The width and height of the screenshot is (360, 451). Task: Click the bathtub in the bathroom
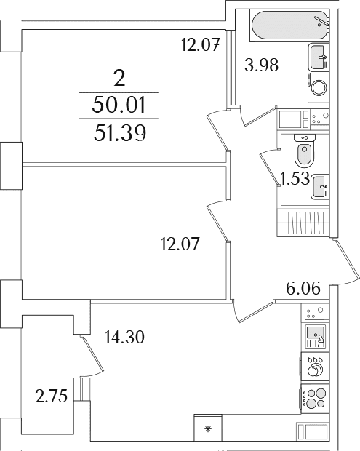click(289, 25)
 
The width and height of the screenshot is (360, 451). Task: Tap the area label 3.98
click(261, 65)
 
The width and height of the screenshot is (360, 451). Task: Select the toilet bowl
click(305, 151)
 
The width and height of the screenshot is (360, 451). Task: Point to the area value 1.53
click(295, 179)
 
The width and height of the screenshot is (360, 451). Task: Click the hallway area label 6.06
click(303, 288)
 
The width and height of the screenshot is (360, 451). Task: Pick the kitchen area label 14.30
click(124, 337)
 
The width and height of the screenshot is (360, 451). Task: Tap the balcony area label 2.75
click(51, 396)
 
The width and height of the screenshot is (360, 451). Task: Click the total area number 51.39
click(119, 133)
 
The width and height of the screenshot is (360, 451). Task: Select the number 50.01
click(119, 105)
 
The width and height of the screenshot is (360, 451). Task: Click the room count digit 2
click(119, 79)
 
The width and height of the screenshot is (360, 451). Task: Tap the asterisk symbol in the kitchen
click(207, 430)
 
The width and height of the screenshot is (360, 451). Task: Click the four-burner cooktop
click(315, 398)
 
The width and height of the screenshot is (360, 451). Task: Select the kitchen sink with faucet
click(315, 336)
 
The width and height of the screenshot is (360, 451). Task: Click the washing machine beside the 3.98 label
click(319, 88)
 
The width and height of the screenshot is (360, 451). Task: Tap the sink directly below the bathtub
click(319, 57)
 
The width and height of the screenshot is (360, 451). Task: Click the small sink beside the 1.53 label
click(320, 187)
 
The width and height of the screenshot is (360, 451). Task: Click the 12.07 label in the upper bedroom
click(201, 44)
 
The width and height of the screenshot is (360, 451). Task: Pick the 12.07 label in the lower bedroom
click(180, 244)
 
